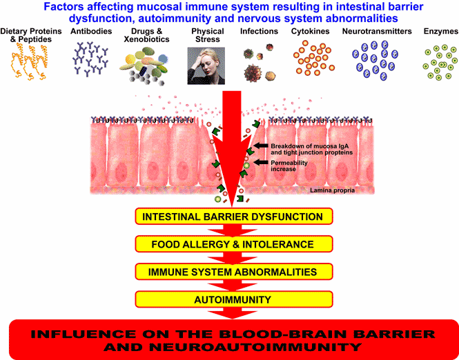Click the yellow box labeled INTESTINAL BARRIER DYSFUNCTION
coord(233,217)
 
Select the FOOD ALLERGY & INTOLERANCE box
coord(233,244)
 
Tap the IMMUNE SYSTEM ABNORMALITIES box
coord(233,272)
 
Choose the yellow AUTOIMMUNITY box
coord(233,299)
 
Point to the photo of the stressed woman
coord(206,66)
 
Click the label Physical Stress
coord(208,35)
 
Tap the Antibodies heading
coord(91,31)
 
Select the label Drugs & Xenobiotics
coord(146,35)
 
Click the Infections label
coord(259,31)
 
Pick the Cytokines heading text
coord(310,32)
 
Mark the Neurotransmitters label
coord(377,31)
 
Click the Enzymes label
coord(441,32)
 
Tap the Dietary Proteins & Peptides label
coord(31,35)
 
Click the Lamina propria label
coord(332,190)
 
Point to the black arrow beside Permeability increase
coord(260,162)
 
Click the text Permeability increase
coord(289,166)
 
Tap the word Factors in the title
coord(61,7)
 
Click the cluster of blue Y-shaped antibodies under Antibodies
coord(90,58)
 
